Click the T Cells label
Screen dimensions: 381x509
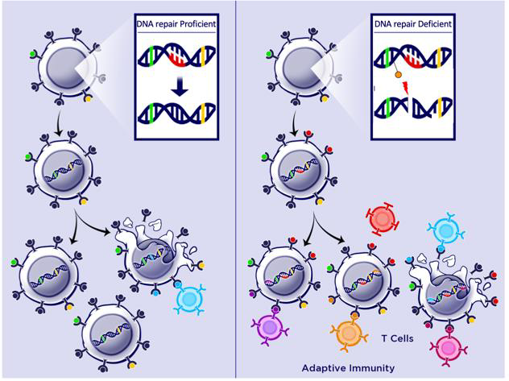click(397, 338)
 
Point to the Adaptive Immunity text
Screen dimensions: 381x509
click(348, 368)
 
